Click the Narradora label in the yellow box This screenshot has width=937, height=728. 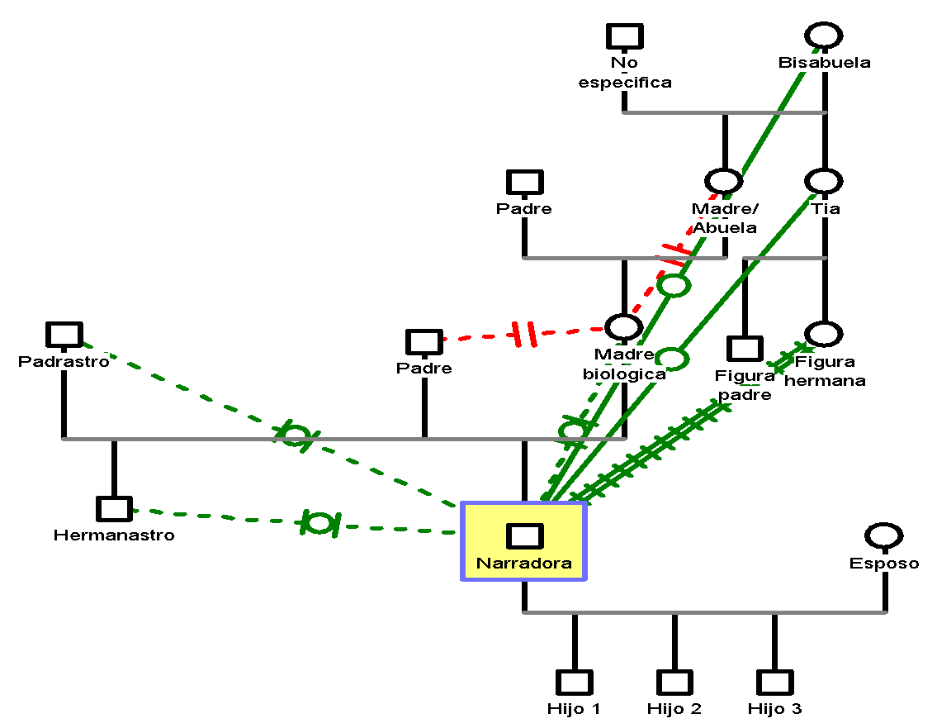pyautogui.click(x=523, y=564)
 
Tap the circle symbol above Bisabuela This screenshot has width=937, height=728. pyautogui.click(x=824, y=36)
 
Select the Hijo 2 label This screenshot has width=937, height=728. pyautogui.click(x=674, y=708)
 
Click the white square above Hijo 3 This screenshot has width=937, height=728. pyautogui.click(x=774, y=683)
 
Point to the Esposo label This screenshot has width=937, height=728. pyautogui.click(x=884, y=564)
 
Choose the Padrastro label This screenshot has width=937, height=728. pyautogui.click(x=64, y=361)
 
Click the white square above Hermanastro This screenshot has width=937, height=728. pyautogui.click(x=114, y=509)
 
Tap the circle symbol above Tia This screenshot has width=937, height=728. pyautogui.click(x=824, y=182)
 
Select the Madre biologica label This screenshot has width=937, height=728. pyautogui.click(x=624, y=364)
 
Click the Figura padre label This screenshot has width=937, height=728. pyautogui.click(x=745, y=385)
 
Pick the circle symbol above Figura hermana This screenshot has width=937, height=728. pyautogui.click(x=824, y=334)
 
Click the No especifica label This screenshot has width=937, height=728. pyautogui.click(x=624, y=72)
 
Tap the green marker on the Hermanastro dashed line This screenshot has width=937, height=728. pyautogui.click(x=319, y=522)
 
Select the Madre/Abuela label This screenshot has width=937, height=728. pyautogui.click(x=724, y=218)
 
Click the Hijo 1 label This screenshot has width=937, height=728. pyautogui.click(x=575, y=708)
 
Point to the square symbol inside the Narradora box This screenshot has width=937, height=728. pyautogui.click(x=524, y=536)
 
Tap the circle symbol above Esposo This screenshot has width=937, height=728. pyautogui.click(x=884, y=535)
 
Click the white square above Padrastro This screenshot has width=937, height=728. pyautogui.click(x=64, y=335)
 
